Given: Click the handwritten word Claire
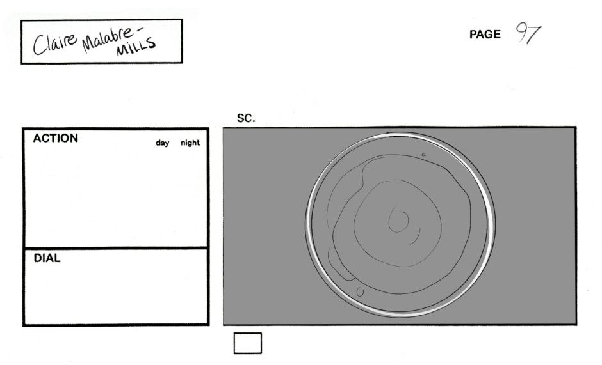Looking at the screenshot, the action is click(54, 43).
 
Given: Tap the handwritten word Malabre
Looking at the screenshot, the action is click(108, 38).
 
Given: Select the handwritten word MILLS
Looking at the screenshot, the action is click(136, 47).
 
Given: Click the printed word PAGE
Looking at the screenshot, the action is click(485, 35).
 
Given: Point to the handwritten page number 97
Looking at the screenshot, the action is click(528, 33).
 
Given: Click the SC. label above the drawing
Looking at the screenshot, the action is click(246, 118).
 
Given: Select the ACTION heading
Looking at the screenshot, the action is click(55, 138).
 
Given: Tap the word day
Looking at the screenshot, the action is click(163, 143).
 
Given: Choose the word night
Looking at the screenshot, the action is click(190, 143).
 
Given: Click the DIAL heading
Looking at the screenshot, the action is click(47, 258).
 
